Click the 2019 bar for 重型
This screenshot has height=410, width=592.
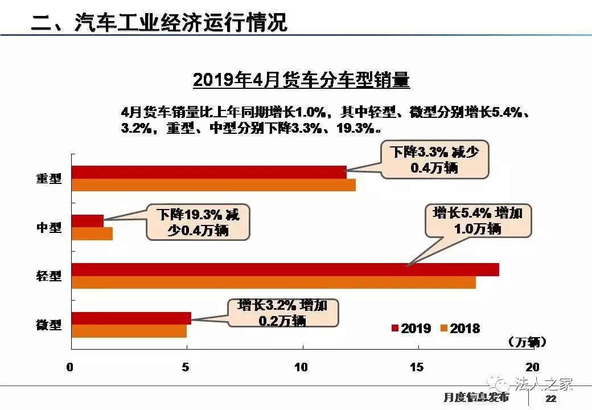208,172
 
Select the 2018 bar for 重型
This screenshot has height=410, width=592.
213,185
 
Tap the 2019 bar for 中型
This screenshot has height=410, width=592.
87,221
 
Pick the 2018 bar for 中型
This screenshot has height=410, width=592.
92,233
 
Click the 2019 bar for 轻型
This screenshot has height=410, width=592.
285,269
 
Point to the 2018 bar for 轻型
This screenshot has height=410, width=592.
273,282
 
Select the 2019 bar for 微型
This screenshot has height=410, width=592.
131,318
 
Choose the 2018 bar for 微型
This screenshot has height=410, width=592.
129,331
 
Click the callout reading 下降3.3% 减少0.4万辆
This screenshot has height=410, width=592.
434,160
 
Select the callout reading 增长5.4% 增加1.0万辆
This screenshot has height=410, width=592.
478,221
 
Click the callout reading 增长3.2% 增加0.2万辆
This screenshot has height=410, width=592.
282,313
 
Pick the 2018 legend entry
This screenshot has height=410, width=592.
460,329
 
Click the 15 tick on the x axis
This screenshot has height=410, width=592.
417,367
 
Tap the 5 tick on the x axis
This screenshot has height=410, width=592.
186,367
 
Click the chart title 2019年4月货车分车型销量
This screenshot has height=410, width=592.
301,80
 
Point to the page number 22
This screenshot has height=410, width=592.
551,398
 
